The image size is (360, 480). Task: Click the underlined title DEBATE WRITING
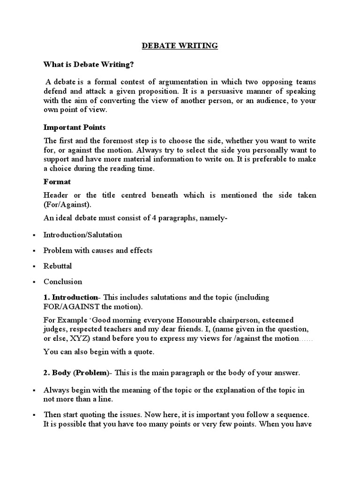pos(180,45)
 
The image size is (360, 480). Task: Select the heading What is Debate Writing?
pos(85,65)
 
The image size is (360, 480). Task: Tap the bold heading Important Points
pos(75,127)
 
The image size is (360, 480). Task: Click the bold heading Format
pos(57,181)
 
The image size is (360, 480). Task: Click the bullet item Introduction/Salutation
pos(82,235)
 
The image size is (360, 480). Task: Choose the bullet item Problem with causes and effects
pos(98,250)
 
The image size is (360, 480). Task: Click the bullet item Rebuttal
pos(58,266)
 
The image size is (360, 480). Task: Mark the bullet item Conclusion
pos(63,282)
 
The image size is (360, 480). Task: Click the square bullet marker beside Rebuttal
pos(34,266)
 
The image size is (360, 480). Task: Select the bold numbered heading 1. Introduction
pos(71,298)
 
